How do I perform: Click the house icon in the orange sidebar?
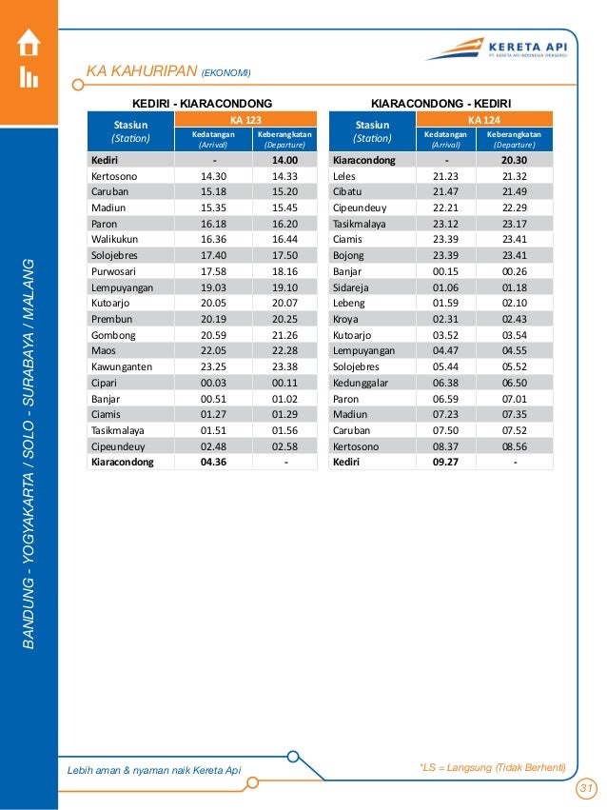(x=29, y=43)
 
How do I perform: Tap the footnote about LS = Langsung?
(x=493, y=767)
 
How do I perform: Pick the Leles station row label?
(x=344, y=176)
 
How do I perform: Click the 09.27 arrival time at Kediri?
(x=445, y=463)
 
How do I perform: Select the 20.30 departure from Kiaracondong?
(x=514, y=161)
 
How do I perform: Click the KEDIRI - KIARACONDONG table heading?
(x=202, y=102)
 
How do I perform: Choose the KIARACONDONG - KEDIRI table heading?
(x=441, y=102)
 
